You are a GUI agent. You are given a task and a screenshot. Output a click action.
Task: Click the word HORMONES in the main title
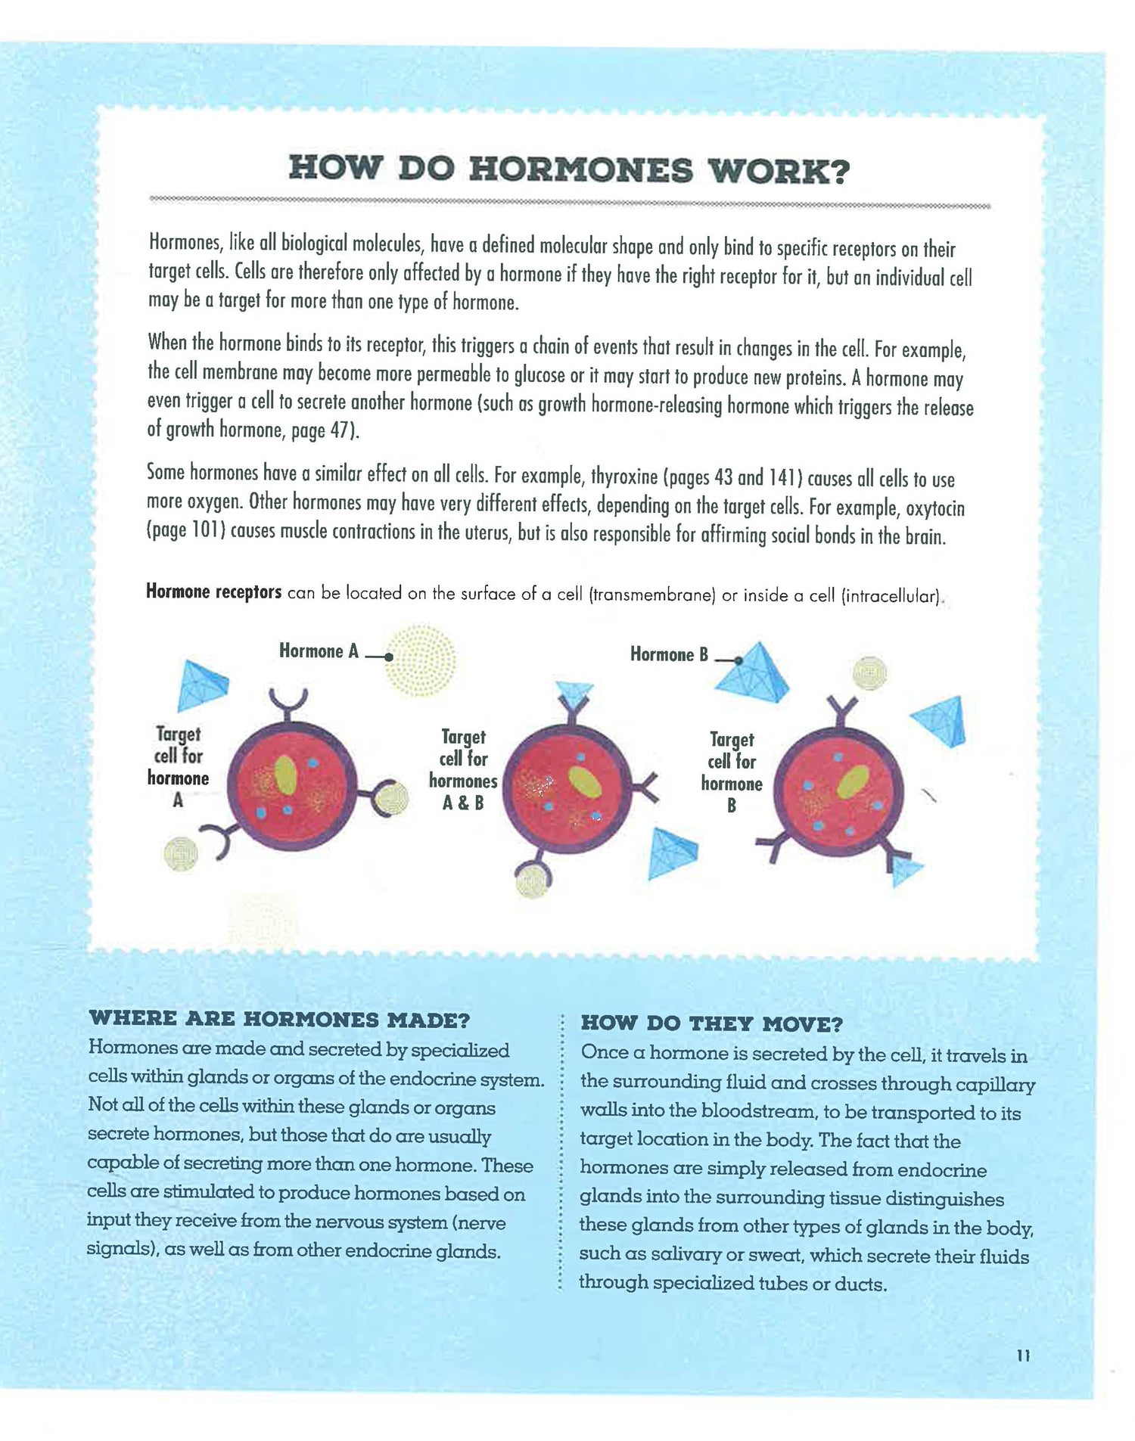click(x=580, y=169)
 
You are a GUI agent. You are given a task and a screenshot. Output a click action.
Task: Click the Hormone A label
click(x=319, y=651)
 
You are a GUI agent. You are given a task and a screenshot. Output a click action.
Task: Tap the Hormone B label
click(x=669, y=654)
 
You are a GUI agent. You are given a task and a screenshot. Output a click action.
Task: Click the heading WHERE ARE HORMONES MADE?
click(x=279, y=1019)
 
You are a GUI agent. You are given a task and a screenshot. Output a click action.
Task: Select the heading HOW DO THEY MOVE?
click(x=711, y=1024)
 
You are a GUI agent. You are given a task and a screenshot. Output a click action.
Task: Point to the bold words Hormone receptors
click(x=213, y=592)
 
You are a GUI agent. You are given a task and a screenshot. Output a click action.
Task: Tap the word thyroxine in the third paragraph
click(x=623, y=478)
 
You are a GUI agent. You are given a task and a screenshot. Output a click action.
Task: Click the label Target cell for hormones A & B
click(x=463, y=769)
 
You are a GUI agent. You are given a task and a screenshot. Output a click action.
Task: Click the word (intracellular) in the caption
click(x=891, y=596)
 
